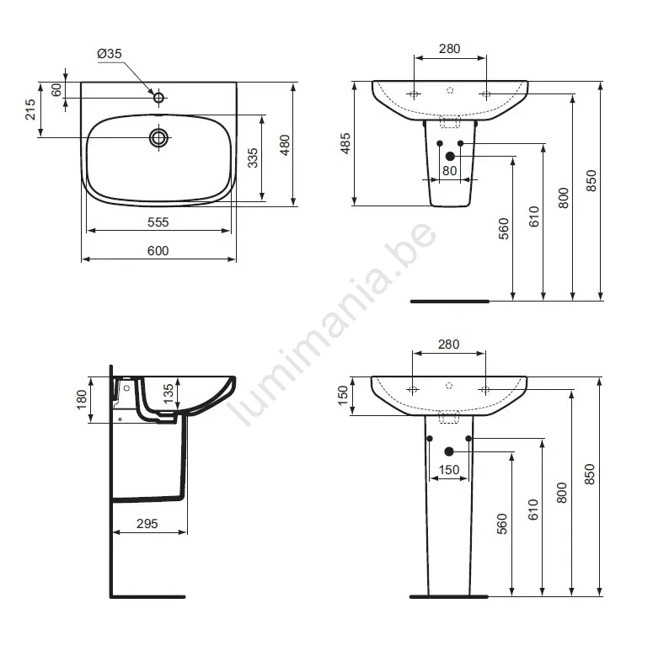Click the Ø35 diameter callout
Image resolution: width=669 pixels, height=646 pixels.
click(110, 53)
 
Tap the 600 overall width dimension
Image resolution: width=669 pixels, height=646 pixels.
click(158, 251)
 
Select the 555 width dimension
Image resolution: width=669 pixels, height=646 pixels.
click(158, 222)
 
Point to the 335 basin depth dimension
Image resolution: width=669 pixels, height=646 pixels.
click(253, 157)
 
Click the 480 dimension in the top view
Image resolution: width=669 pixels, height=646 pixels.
click(285, 145)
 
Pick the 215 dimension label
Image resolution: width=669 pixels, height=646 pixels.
click(29, 109)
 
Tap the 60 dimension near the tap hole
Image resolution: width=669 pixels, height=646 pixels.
click(56, 90)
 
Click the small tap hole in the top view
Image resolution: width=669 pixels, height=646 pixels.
click(158, 98)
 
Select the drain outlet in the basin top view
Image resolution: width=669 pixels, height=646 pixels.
click(158, 137)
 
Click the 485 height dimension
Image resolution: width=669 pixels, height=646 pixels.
click(345, 143)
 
